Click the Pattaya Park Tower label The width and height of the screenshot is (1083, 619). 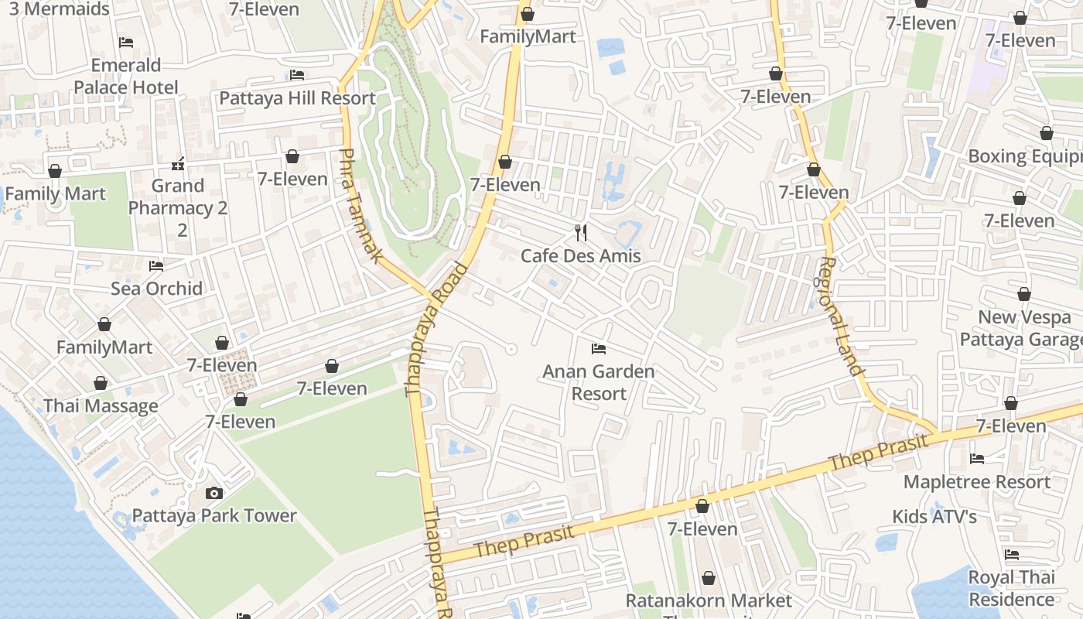pos(214,515)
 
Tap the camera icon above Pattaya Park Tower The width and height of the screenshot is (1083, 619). pos(214,493)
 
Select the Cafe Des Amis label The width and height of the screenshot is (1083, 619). pos(580,255)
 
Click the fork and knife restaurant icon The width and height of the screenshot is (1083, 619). pos(581,232)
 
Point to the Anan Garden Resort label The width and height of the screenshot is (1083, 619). pos(598,382)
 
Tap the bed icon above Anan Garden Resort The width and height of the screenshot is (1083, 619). pos(598,349)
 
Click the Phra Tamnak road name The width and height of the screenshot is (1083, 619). pos(360,206)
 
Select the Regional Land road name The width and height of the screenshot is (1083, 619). pos(840,316)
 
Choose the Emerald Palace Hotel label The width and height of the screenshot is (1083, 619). pos(126,76)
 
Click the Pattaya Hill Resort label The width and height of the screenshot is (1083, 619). pos(297,98)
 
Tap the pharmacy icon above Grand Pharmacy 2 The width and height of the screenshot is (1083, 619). pos(178,164)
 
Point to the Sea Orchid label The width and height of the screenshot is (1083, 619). pos(156,289)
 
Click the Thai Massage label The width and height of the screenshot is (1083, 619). pos(101,406)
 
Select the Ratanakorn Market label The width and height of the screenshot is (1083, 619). pos(709,600)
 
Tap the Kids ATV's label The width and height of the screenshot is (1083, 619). pos(934,516)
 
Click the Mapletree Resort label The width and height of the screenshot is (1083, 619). pos(977,482)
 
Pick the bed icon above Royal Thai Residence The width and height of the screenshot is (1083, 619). pos(1011,555)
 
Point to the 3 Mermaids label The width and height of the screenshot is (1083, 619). pos(59,9)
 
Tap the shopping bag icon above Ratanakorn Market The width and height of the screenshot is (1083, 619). pos(709,578)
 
